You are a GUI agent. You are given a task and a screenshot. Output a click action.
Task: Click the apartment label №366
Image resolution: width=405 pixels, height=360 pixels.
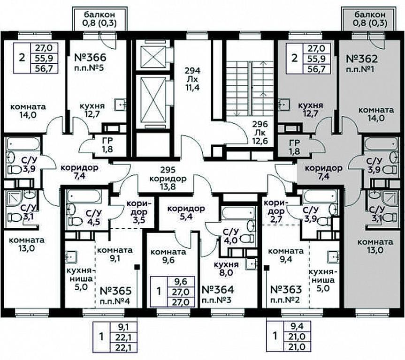point(90,58)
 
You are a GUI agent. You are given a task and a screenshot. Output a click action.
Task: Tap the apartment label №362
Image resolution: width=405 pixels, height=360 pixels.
point(362,59)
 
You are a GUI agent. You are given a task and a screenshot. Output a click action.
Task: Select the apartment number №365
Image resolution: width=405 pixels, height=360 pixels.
point(115,291)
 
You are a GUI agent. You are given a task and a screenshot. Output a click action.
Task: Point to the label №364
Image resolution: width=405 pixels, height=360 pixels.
point(218,290)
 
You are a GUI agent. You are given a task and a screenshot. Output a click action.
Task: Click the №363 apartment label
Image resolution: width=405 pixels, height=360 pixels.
point(286,290)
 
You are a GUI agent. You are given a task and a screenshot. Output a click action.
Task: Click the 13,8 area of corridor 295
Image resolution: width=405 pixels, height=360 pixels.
point(168,187)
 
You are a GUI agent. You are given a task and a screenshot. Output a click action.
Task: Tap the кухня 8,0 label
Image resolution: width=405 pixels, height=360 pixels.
point(226,269)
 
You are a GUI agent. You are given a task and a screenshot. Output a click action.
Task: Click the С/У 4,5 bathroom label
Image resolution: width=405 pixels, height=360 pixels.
point(94,217)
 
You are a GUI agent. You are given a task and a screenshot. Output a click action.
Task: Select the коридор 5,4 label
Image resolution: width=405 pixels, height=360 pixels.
point(186,212)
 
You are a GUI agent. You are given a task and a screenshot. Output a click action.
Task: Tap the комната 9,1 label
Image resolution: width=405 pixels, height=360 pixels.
point(115,254)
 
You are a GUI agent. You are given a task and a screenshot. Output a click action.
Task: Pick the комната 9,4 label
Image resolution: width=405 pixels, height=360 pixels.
point(286,255)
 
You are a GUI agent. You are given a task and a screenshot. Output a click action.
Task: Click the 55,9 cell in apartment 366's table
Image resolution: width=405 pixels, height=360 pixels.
point(44,58)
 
